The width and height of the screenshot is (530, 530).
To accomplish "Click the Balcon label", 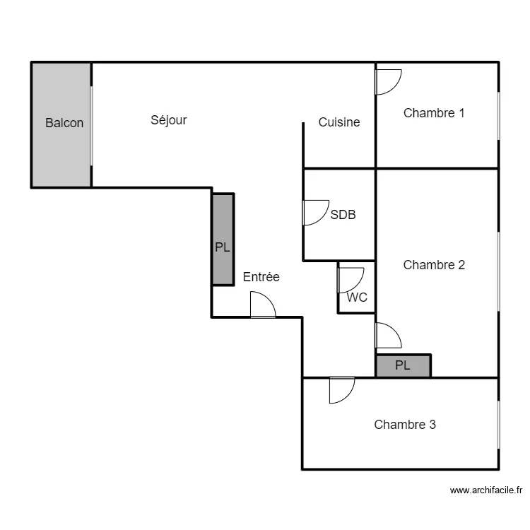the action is pos(64,123).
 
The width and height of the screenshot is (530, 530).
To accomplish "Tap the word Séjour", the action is pos(169,120).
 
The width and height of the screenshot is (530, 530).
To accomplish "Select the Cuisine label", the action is pos(339,122).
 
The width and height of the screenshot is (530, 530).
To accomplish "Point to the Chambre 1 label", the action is pos(434,113).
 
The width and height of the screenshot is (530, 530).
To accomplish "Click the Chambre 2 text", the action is pos(434,265).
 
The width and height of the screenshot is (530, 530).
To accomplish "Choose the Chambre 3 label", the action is pos(405,425).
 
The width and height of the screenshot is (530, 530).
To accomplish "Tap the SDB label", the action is pos(343,215).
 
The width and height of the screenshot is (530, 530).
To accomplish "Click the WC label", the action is pos(357,298).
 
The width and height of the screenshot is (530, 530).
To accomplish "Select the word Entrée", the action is pos(261,277).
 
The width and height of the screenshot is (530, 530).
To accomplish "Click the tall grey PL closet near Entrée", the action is pos(223,240).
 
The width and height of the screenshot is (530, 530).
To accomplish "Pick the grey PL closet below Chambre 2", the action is pos(404,365).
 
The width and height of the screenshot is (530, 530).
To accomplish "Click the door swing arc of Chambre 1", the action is pos(394,88).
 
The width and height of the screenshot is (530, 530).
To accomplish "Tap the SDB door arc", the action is pos(322,218).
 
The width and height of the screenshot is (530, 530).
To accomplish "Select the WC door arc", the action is pos(357,286).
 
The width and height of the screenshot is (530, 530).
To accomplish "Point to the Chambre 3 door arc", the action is pos(348,396).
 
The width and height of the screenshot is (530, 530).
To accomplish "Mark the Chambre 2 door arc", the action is pos(394,330).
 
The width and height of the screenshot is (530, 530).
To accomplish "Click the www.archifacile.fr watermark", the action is pos(486,490).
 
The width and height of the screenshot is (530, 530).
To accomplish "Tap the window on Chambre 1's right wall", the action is pos(499,116).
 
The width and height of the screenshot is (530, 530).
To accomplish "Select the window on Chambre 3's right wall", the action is pos(499,425).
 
